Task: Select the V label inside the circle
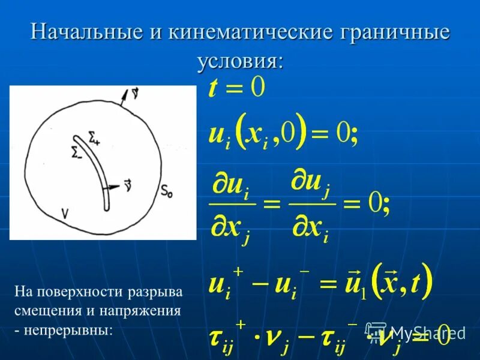tap(64, 211)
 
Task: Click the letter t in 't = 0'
tap(213, 90)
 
